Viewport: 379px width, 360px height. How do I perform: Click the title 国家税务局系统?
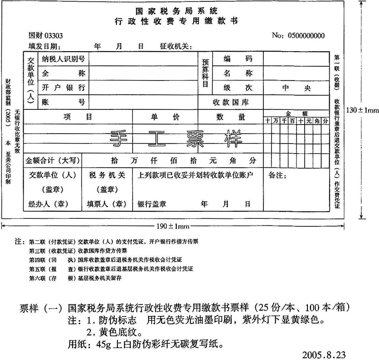[177, 11]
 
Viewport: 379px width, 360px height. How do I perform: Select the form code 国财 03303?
[45, 36]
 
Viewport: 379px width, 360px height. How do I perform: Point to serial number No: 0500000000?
[298, 36]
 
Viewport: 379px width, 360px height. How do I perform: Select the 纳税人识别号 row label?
[63, 59]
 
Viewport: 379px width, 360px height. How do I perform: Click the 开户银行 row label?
[63, 88]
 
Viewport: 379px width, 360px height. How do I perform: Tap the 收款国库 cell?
[230, 102]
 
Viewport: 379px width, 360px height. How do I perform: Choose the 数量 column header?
[224, 117]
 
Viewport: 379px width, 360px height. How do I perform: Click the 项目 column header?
[78, 117]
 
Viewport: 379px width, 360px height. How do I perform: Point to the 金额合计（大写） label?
[54, 160]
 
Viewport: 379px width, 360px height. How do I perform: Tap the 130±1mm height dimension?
[362, 110]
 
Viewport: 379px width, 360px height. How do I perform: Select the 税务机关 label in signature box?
[107, 175]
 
